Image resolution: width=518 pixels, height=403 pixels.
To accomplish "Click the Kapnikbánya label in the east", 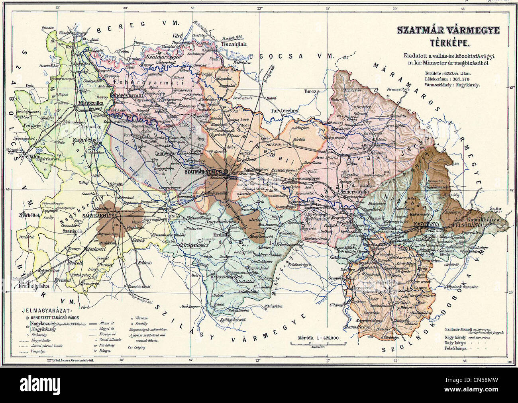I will [x=478, y=219].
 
